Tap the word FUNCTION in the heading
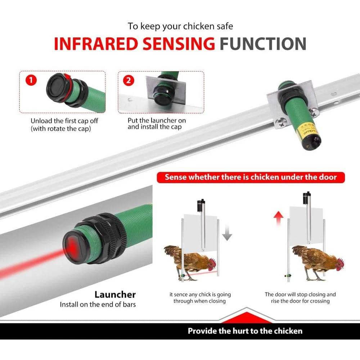(x=263, y=44)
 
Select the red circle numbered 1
(x=31, y=80)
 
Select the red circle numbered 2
(x=129, y=80)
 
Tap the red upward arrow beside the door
(x=279, y=219)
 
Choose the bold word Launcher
(x=115, y=294)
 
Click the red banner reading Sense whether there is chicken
(x=251, y=177)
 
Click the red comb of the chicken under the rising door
(x=341, y=261)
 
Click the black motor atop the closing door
(x=201, y=205)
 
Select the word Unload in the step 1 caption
(x=41, y=121)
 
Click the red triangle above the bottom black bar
(x=247, y=317)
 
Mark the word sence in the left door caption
(x=181, y=294)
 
